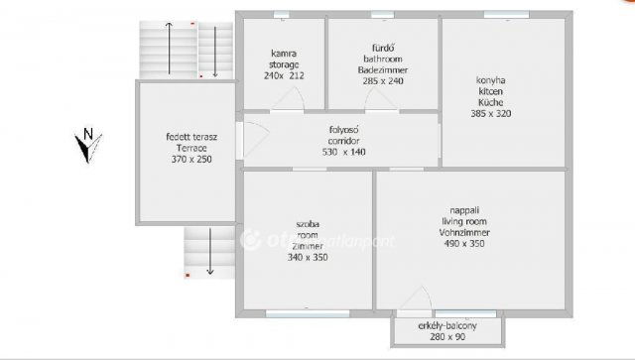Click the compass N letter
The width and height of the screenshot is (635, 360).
tap(88, 133)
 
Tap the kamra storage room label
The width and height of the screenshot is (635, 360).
tap(284, 59)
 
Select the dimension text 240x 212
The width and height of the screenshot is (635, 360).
tap(284, 75)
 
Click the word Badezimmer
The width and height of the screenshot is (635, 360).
tap(383, 70)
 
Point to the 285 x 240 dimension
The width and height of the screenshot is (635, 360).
tap(383, 81)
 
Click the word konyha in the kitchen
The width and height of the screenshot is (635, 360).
tap(491, 80)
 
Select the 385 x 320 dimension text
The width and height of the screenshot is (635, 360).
tap(491, 114)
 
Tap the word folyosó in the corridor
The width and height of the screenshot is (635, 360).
tap(344, 130)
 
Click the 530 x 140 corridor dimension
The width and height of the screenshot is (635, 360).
tap(344, 152)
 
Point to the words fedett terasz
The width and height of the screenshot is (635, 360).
tap(191, 137)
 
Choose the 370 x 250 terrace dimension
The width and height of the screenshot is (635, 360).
tap(191, 159)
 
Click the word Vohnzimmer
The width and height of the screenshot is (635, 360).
tap(464, 233)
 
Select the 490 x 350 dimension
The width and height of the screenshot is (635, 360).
tap(464, 243)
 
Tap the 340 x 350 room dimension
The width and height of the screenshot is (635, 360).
tap(308, 257)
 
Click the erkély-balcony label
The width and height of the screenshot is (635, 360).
tap(447, 325)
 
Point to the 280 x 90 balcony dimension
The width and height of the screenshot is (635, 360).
tap(447, 336)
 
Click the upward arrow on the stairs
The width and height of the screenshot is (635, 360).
tap(169, 49)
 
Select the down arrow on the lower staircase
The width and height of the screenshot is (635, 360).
tap(209, 252)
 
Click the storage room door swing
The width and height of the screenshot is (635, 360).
tap(289, 98)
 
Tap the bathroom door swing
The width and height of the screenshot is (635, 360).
tap(376, 99)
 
